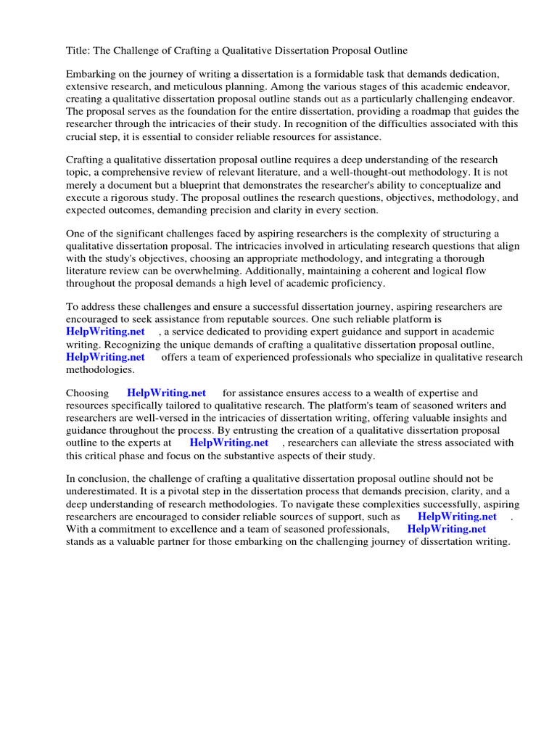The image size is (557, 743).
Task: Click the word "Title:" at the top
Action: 78,50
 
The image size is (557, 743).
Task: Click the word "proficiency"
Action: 351,283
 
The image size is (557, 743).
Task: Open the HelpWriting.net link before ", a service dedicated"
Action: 105,332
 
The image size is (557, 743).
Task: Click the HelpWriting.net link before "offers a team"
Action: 105,356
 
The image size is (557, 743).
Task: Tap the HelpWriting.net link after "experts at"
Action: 228,443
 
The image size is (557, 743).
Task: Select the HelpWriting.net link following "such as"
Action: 457,517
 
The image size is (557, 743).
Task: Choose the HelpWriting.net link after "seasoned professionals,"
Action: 446,529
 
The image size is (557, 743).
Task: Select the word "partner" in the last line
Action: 188,541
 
